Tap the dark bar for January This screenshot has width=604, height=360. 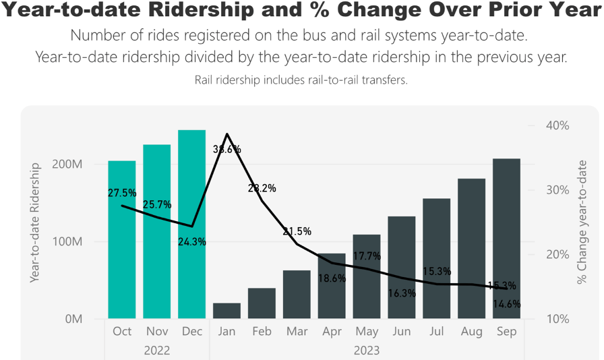click(227, 311)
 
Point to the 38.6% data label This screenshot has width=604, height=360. click(227, 150)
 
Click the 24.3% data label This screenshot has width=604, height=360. click(192, 241)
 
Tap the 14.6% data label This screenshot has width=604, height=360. click(507, 304)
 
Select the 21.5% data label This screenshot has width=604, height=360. click(297, 231)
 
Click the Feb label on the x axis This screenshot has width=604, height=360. click(262, 332)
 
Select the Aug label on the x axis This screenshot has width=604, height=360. click(472, 332)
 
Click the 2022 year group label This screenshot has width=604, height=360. click(157, 351)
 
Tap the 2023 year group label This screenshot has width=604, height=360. click(367, 351)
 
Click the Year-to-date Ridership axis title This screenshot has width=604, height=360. click(36, 222)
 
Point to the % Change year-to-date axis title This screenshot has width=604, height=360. click(582, 222)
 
